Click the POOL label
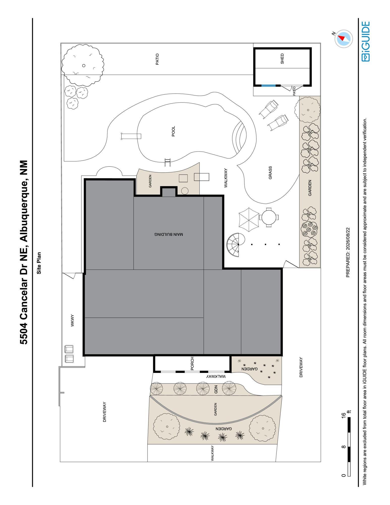coord(173,131)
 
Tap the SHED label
coord(282,58)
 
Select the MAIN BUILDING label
coord(169,234)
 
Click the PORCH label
coord(192,363)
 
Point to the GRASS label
coord(270,173)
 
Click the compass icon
coord(344,39)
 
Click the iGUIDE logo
coord(366,41)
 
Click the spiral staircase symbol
coord(236,245)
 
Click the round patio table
coord(269,217)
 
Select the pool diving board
coord(131,136)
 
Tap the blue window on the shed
coord(268,86)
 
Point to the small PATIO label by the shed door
coord(294,91)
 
